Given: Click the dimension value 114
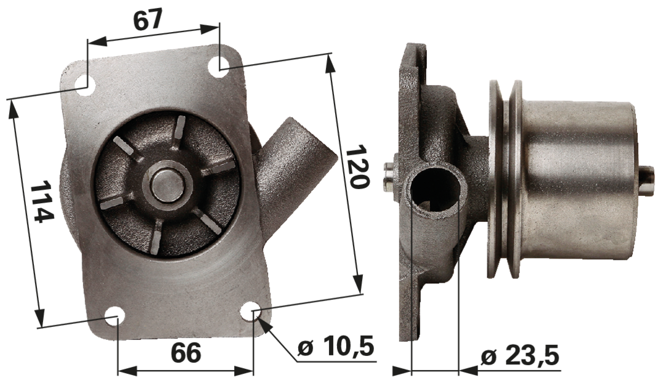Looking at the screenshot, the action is (x=43, y=201).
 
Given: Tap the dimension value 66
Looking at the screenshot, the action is (x=186, y=353).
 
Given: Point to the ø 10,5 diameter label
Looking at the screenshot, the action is (x=336, y=347).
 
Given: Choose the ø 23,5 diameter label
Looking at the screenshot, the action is (x=519, y=357).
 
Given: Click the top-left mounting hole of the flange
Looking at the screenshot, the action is (x=87, y=84).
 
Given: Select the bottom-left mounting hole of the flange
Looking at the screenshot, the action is (x=115, y=318).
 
